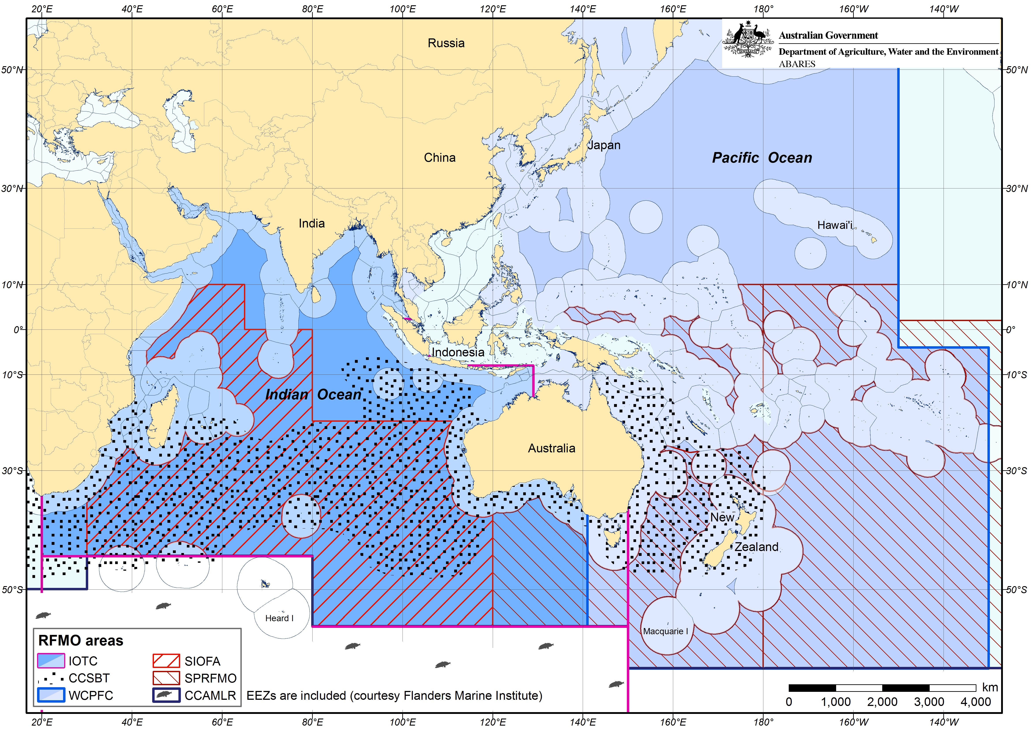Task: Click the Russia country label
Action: [x=446, y=43]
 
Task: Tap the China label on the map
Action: [x=440, y=158]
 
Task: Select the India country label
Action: [x=311, y=224]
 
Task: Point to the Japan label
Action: [x=604, y=145]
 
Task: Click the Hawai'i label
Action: [x=835, y=225]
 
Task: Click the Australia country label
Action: [x=551, y=448]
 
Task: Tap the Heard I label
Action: [x=279, y=619]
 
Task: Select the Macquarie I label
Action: [x=665, y=632]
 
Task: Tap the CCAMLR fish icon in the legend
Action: [x=166, y=695]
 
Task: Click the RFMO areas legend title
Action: [x=81, y=640]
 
